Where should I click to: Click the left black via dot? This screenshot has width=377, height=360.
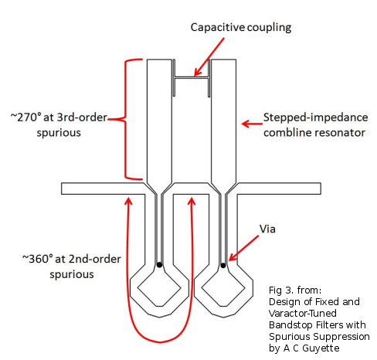(x=159, y=264)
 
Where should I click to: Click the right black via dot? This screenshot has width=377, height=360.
(x=223, y=265)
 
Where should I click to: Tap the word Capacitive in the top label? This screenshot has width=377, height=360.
(x=218, y=27)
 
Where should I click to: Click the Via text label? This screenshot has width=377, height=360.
(x=267, y=229)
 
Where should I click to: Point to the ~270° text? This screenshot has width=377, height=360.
(x=26, y=117)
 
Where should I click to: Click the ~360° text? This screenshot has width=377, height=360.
(x=38, y=259)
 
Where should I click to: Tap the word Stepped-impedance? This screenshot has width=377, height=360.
(x=315, y=117)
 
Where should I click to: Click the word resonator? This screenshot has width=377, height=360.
(x=340, y=133)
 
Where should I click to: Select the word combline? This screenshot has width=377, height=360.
(x=287, y=133)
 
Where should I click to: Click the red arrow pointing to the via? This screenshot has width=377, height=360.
(x=243, y=248)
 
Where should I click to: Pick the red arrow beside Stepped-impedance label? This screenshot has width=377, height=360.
(x=252, y=124)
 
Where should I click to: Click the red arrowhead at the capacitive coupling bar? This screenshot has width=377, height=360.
(x=197, y=72)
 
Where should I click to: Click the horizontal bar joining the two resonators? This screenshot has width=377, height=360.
(x=192, y=77)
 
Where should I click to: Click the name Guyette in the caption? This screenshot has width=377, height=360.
(x=321, y=348)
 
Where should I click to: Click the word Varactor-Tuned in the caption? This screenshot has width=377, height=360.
(x=303, y=314)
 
